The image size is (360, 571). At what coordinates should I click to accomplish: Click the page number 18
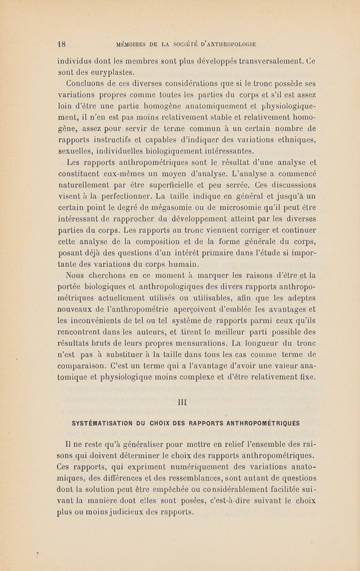pos(62,44)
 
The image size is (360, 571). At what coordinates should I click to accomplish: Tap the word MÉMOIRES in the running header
pos(133,44)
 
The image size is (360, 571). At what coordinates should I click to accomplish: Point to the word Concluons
pos(88,83)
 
